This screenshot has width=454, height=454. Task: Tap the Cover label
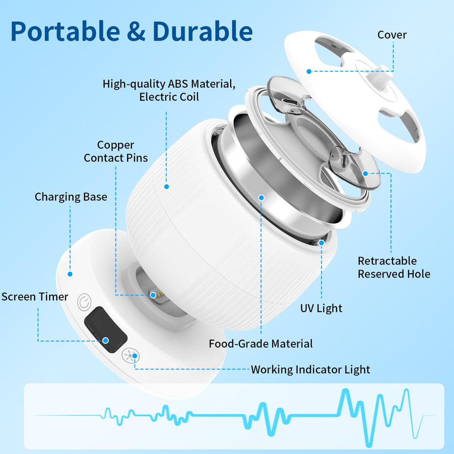point(392,35)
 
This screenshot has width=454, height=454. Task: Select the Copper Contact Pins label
point(115,152)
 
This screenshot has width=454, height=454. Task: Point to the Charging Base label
point(71,197)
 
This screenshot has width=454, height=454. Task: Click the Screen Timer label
point(35,297)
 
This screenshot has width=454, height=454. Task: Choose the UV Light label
point(321,309)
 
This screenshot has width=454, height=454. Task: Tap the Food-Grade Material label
point(261,344)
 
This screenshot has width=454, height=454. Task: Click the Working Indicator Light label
point(311,370)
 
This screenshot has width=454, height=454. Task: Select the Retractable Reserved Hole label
point(394,267)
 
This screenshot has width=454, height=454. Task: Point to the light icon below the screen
point(131,355)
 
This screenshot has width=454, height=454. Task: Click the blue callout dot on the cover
point(309,71)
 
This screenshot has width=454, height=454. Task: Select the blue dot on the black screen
point(105,340)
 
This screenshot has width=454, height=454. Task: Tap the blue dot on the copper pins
point(153,295)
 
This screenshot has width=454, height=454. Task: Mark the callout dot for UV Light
point(321,243)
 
